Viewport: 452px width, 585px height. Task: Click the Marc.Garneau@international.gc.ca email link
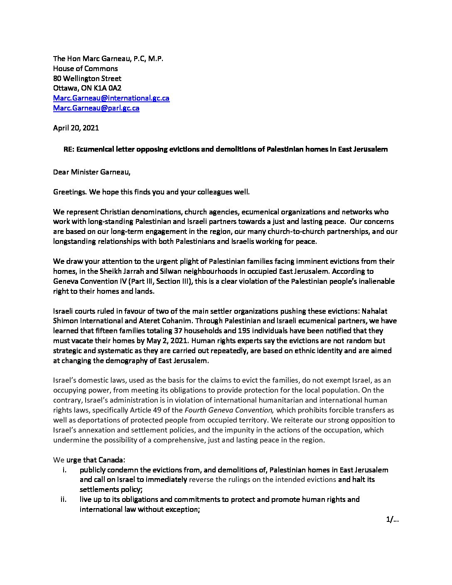[x=111, y=98]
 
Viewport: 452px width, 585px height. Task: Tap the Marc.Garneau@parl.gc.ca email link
[x=96, y=108]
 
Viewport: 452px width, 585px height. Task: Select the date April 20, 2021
[x=76, y=128]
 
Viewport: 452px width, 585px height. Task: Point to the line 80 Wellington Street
[x=87, y=78]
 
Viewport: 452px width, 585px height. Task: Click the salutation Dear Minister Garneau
[x=91, y=172]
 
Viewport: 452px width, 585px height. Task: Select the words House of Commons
[x=85, y=69]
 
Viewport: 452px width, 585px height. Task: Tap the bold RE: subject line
[x=225, y=149]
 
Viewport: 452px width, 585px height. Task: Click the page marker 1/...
[x=392, y=519]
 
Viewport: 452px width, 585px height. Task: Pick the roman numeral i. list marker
[x=64, y=470]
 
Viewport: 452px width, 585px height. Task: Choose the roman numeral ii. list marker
[x=63, y=499]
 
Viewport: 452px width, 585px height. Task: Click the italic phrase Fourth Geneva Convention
[x=229, y=410]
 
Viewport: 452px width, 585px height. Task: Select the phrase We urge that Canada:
[x=89, y=460]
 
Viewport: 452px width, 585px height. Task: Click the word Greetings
[x=69, y=192]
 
